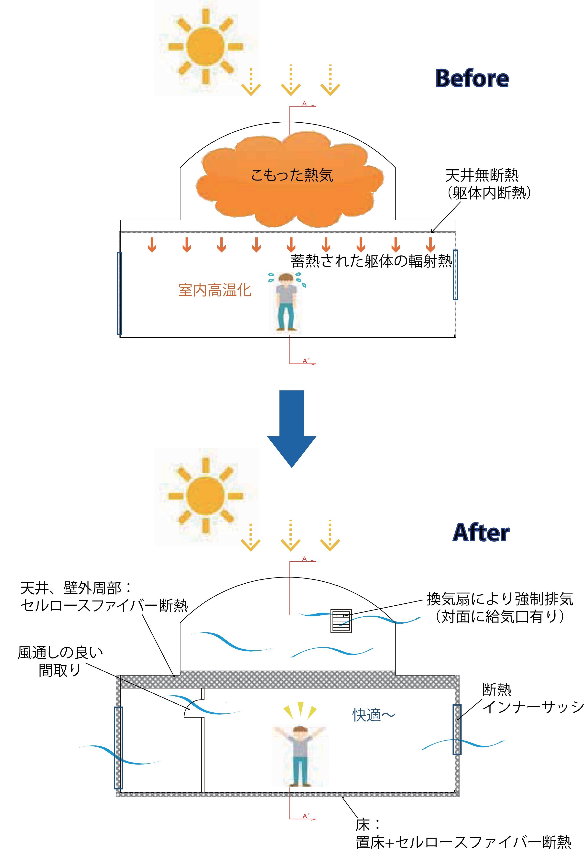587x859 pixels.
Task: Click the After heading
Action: [481, 533]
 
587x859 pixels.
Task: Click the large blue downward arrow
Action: [292, 429]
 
